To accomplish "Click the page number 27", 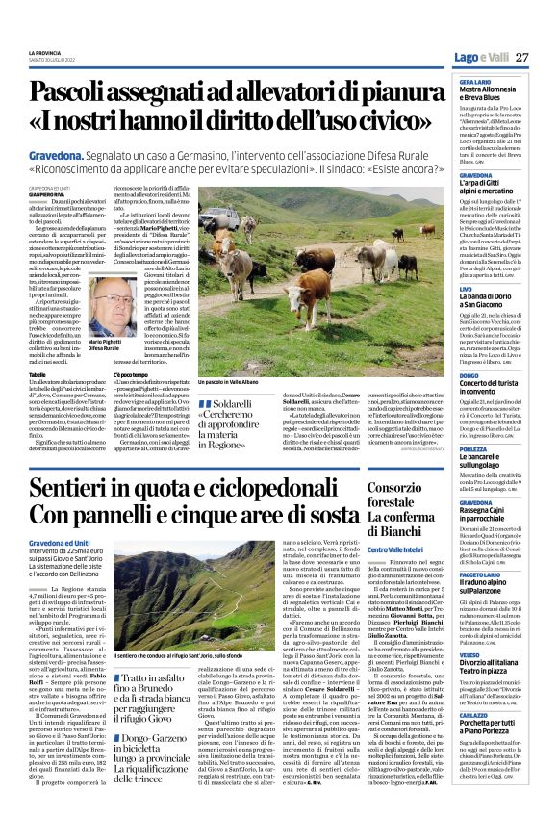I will [x=522, y=57].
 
